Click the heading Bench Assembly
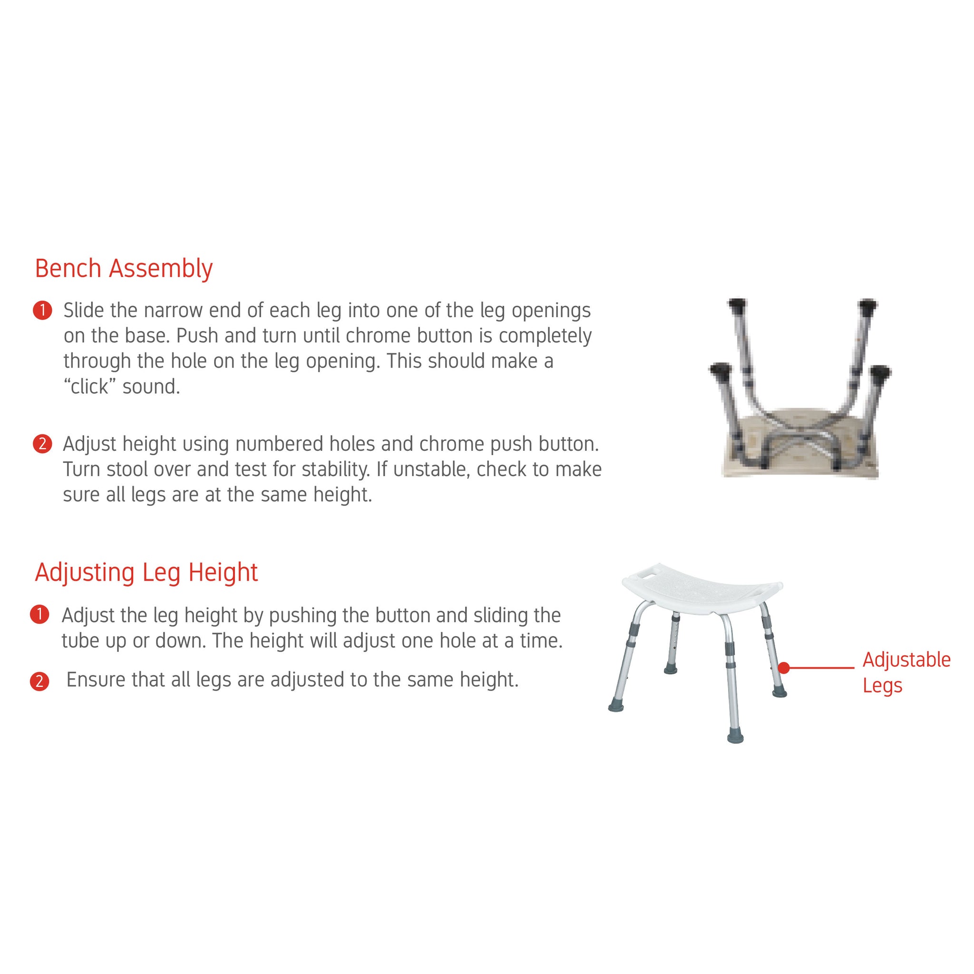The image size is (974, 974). click(124, 269)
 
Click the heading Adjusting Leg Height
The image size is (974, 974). click(146, 573)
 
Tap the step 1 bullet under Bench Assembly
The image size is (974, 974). click(42, 311)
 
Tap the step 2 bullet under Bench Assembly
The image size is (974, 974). click(42, 444)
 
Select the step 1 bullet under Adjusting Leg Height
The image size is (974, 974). click(39, 615)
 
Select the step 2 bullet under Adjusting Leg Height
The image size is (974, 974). click(39, 682)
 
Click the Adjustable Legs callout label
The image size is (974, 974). click(906, 672)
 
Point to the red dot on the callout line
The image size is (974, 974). click(783, 668)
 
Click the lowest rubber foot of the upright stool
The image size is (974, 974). click(736, 737)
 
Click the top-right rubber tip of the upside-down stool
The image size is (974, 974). click(867, 305)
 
